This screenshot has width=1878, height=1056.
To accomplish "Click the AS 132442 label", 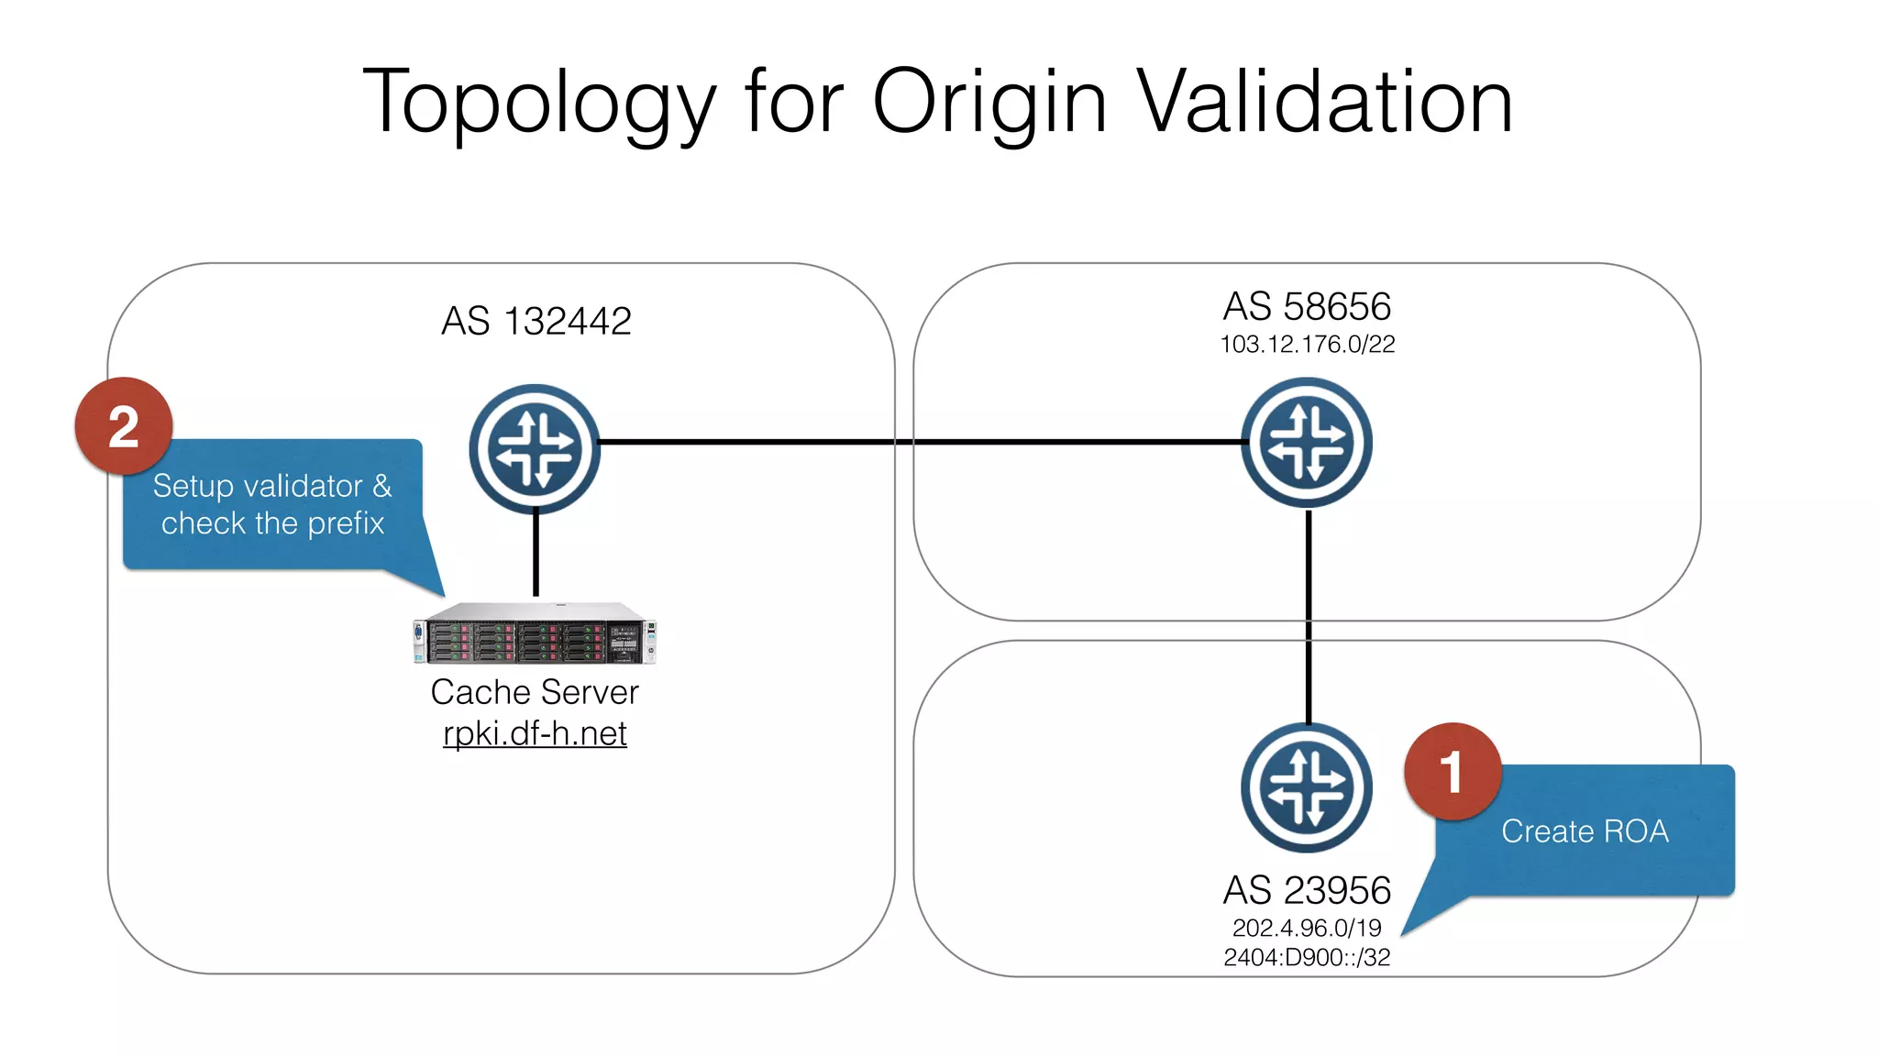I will (x=536, y=322).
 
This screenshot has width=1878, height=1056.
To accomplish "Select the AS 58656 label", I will (x=1307, y=307).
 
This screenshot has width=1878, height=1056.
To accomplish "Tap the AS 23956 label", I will (x=1307, y=890).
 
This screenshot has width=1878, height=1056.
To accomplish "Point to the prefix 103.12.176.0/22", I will (x=1307, y=345).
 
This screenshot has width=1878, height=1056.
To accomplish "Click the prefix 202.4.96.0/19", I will (x=1307, y=928).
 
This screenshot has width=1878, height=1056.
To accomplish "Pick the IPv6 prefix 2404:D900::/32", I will (x=1307, y=958).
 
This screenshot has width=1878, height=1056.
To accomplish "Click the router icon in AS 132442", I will (x=535, y=449).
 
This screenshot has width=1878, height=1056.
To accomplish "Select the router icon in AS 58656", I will (x=1307, y=443).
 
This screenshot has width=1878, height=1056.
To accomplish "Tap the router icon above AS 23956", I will (x=1307, y=788).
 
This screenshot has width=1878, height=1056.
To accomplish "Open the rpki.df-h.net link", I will (x=535, y=734).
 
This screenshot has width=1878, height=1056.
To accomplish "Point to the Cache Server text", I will (x=535, y=693).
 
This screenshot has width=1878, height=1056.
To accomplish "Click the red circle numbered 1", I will (x=1452, y=772).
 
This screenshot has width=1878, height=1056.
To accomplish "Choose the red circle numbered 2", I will (x=124, y=426).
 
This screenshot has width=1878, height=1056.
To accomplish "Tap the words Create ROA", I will (x=1585, y=831).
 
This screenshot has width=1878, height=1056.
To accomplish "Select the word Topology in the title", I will (x=539, y=103).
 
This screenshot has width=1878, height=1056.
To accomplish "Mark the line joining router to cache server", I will (x=536, y=555).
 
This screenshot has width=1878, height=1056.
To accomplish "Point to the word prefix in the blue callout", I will (x=346, y=523).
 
